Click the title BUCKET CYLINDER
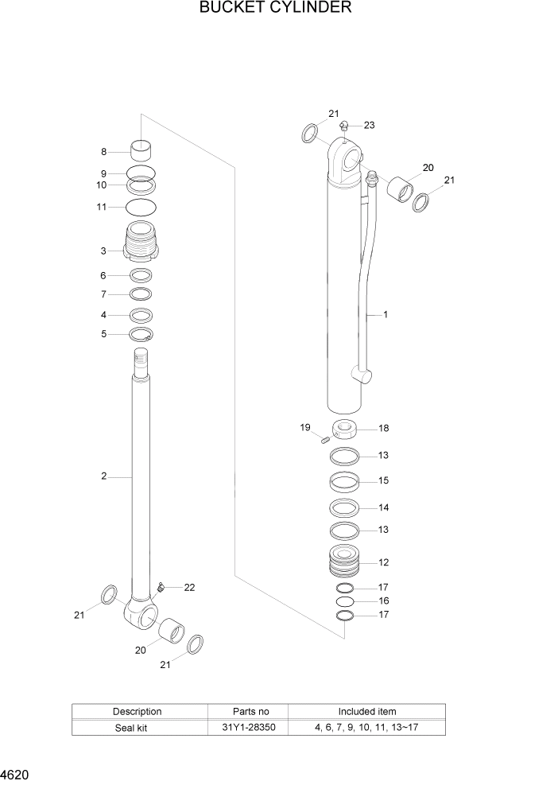(x=276, y=9)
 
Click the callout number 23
(x=369, y=125)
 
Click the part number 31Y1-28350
(x=248, y=727)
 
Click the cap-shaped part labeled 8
(x=141, y=150)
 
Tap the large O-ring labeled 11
(x=141, y=208)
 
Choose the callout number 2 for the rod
(x=103, y=476)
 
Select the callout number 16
(x=383, y=601)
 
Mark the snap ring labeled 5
(x=141, y=333)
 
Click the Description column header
(x=137, y=711)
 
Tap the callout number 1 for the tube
(x=386, y=315)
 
